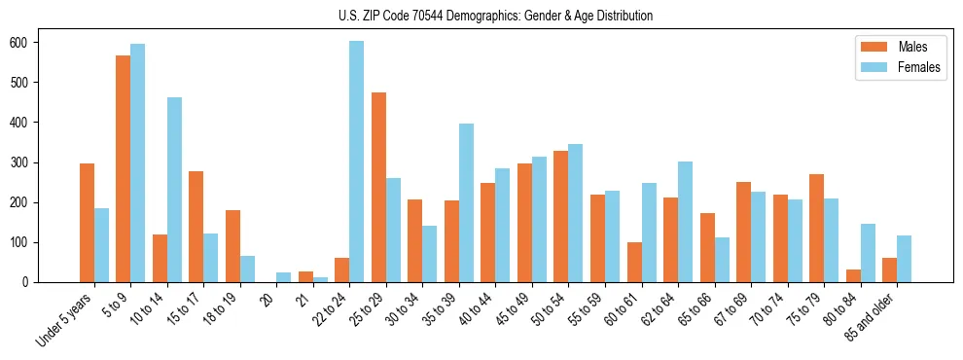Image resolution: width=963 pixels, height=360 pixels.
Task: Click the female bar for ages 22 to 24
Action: (357, 162)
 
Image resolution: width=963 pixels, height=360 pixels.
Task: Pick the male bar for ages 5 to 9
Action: (124, 168)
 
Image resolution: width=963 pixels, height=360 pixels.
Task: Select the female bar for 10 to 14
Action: (174, 190)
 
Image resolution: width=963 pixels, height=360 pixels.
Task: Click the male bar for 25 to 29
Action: (378, 187)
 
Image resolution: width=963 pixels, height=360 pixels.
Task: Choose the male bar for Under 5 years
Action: (87, 223)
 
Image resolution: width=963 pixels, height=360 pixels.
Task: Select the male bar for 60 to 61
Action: (634, 262)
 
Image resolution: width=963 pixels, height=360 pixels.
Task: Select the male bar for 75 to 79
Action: (816, 228)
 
